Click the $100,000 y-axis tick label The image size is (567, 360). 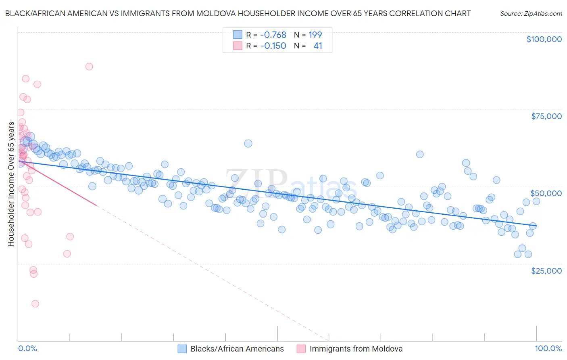(544, 39)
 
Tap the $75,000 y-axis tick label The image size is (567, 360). (546, 116)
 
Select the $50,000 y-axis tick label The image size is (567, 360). (546, 193)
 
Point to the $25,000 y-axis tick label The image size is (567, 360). (546, 270)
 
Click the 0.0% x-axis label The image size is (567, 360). (27, 348)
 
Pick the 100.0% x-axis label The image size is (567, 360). (548, 348)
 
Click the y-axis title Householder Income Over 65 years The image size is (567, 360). (11, 184)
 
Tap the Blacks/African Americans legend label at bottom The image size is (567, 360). (237, 349)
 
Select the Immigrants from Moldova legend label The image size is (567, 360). (356, 349)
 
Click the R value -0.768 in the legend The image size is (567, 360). (273, 35)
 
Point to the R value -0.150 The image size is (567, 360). (273, 46)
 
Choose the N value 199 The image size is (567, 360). (315, 35)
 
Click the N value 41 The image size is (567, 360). (318, 46)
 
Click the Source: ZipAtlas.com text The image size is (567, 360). (531, 13)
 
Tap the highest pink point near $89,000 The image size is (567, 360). (89, 67)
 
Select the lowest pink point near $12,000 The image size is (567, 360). (35, 303)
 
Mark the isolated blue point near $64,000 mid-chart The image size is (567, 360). (248, 143)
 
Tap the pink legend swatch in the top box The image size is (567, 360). (238, 46)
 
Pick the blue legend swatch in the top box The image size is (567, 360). (238, 35)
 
